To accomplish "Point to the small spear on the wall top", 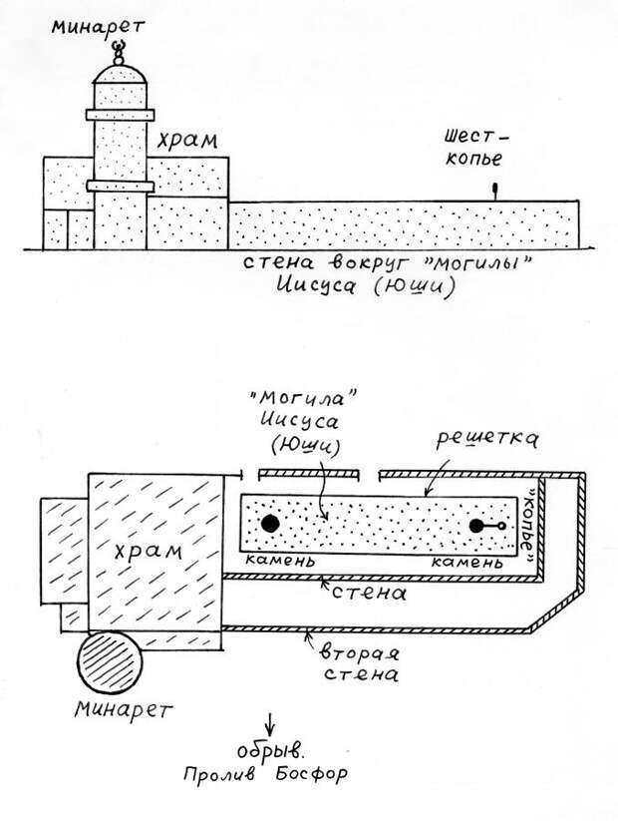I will (x=493, y=189).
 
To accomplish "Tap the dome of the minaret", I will (x=120, y=71).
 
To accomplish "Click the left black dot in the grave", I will (x=269, y=523).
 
